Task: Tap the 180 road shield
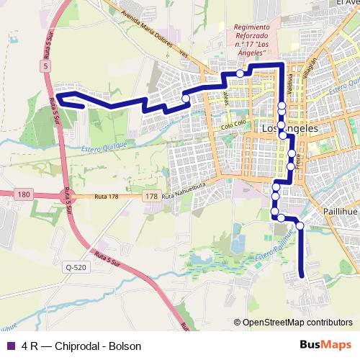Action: point(24,194)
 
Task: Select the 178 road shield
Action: point(150,197)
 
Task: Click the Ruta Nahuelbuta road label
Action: point(189,196)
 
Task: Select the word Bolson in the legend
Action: point(125,346)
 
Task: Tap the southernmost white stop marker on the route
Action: point(300,226)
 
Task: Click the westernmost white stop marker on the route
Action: point(186,99)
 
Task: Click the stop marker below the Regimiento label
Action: point(240,73)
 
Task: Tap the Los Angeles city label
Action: point(290,128)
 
